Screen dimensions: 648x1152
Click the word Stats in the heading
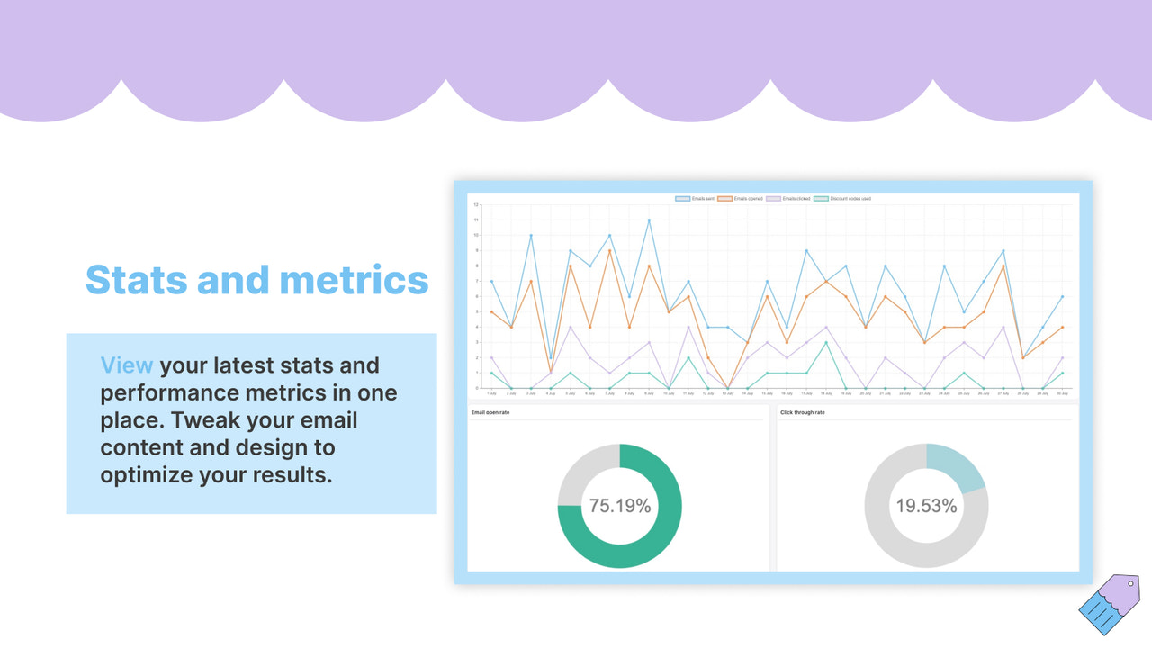pos(135,280)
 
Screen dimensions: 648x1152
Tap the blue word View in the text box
pos(127,365)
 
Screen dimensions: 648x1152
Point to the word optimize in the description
pos(146,474)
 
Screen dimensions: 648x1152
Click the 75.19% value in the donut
pos(620,506)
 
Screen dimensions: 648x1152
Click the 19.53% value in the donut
pos(926,506)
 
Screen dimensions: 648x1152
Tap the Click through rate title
pos(802,413)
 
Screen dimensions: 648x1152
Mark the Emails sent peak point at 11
pos(649,220)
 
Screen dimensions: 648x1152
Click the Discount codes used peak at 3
pos(826,342)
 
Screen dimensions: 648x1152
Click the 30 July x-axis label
pos(1063,393)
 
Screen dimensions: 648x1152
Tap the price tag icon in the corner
pos(1109,605)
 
